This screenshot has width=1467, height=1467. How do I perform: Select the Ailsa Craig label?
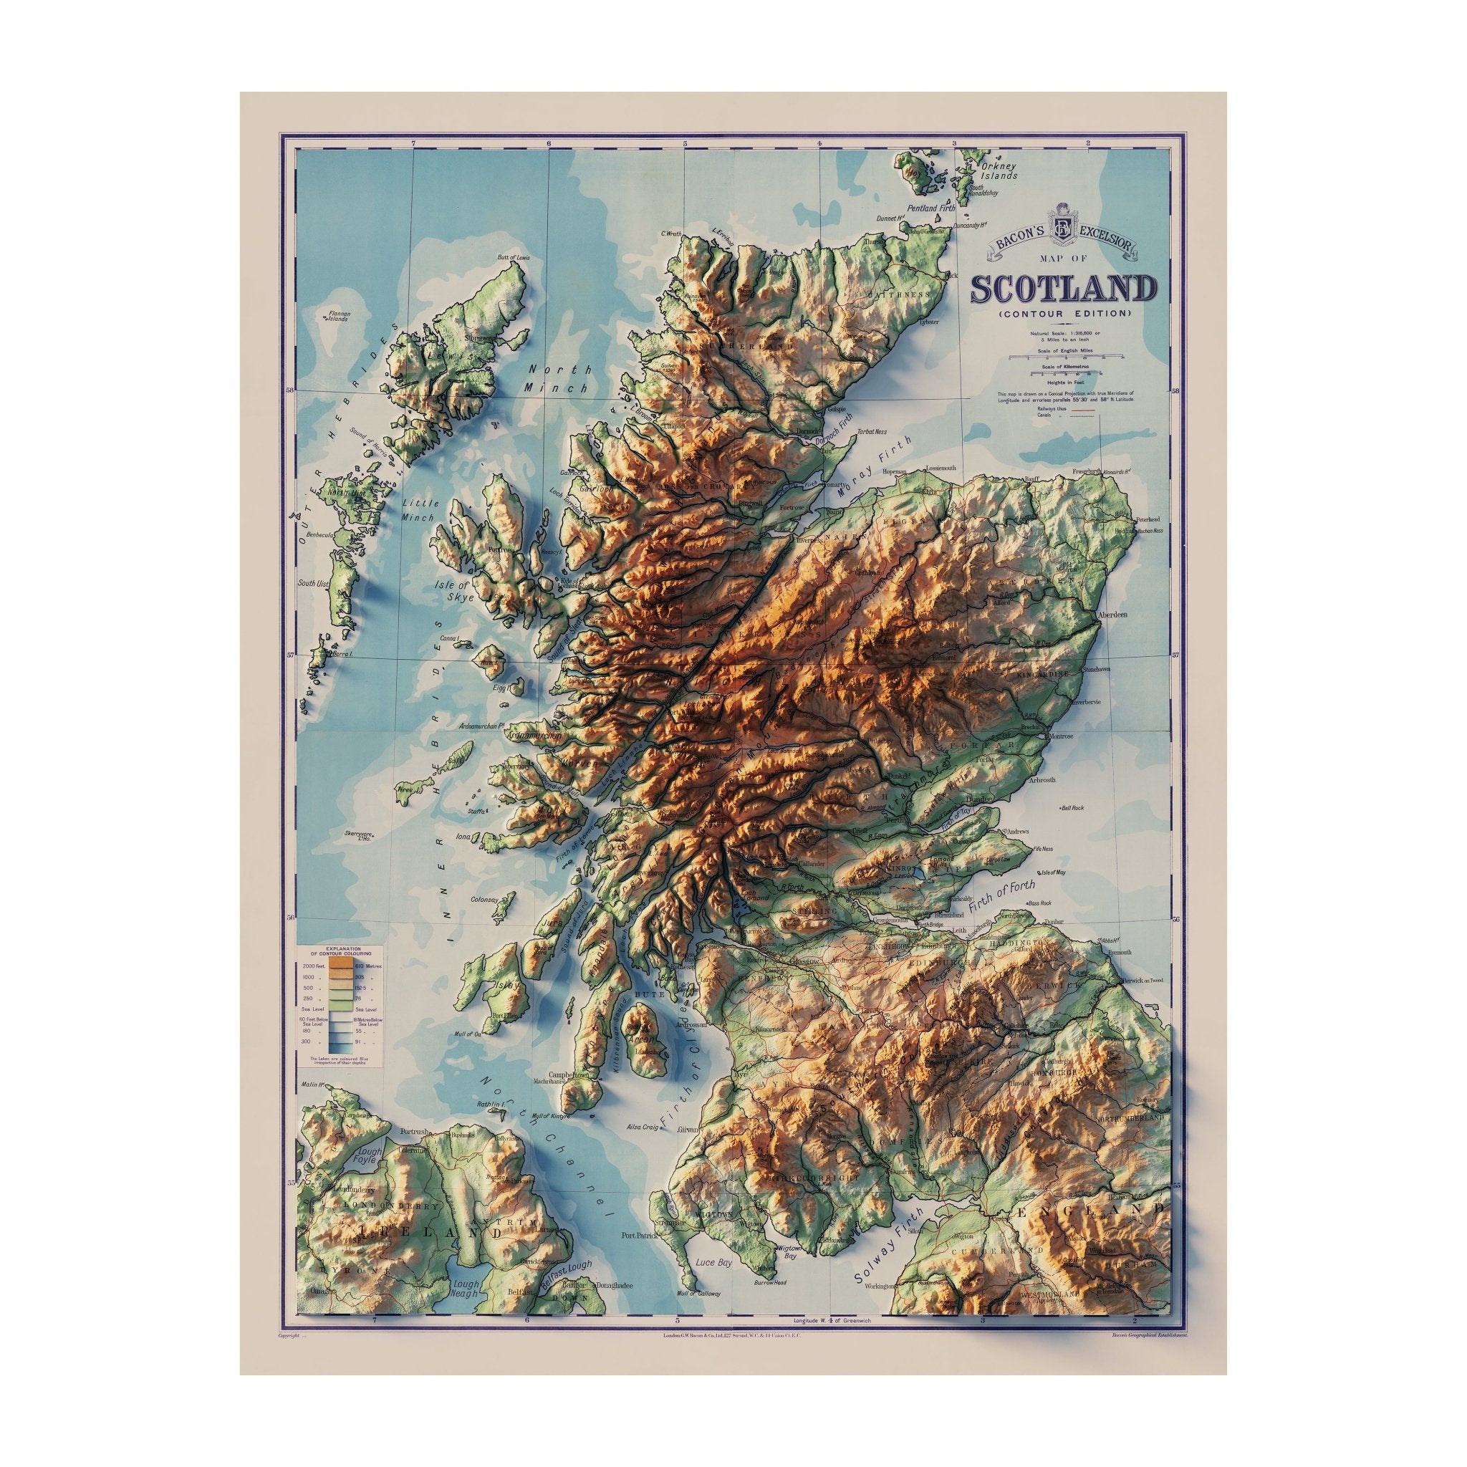coord(643,1149)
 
